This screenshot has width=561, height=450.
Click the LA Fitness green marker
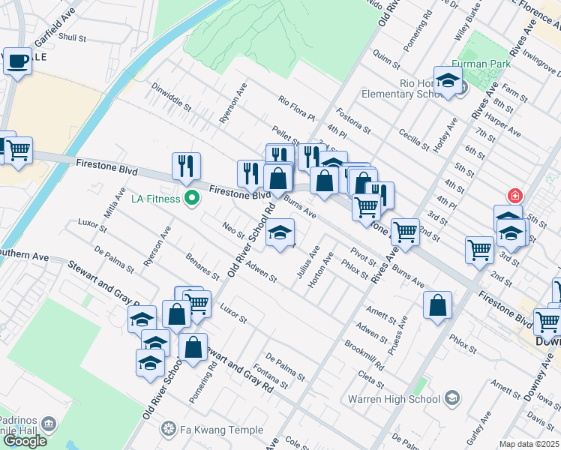pos(192,199)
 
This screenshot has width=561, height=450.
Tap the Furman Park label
pos(480,65)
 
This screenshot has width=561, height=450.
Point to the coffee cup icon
pos(17,60)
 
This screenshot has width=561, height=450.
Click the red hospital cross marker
pos(514,196)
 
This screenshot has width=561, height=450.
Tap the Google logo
pos(24,440)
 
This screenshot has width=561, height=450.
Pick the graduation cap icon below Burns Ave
pos(280,234)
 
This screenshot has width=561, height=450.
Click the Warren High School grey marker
pos(452,397)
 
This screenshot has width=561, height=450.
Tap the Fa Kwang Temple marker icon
pos(167,430)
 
